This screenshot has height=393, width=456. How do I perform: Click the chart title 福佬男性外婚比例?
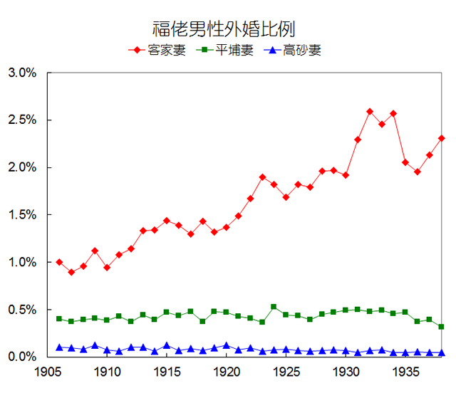[224, 28]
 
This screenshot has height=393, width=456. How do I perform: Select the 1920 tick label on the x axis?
[227, 372]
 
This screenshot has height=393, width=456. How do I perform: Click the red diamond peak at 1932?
[370, 111]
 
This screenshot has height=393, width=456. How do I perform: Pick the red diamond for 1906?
[59, 262]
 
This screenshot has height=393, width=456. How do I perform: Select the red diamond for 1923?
[262, 177]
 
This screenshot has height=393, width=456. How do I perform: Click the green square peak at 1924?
[274, 307]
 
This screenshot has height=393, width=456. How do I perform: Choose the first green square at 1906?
[59, 318]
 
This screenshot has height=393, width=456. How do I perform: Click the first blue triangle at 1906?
[59, 347]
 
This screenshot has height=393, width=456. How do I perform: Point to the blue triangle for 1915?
[167, 346]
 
